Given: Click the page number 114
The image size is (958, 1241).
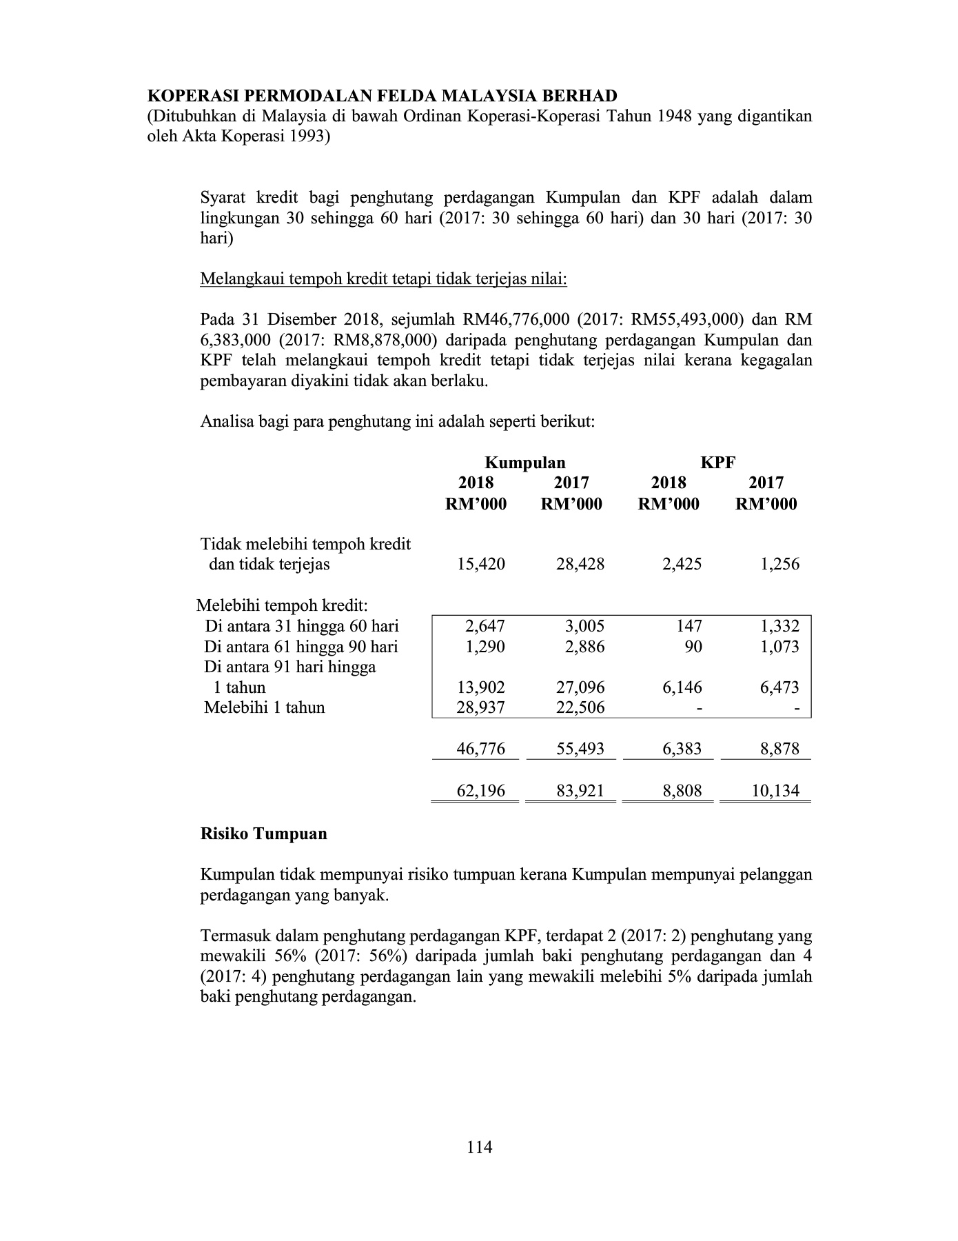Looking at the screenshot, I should (x=479, y=1147).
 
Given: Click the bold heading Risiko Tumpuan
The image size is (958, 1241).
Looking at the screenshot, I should (x=263, y=834).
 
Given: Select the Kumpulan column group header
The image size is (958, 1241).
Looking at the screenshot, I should (x=525, y=463).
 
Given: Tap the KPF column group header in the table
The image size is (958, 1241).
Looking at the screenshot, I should (x=717, y=463).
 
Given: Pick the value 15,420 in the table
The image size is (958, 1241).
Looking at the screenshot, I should (x=480, y=564).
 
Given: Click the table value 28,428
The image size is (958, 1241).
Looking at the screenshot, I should (x=580, y=564).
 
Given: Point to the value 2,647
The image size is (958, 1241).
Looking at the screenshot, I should (x=485, y=626).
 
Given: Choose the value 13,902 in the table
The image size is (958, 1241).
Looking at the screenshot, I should (x=480, y=687).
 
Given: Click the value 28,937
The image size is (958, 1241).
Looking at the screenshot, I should (x=480, y=707).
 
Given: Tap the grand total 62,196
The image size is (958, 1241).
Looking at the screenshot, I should (x=480, y=791).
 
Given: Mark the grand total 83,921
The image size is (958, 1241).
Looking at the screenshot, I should (x=580, y=791).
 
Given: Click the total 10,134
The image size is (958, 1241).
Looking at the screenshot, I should (x=775, y=791).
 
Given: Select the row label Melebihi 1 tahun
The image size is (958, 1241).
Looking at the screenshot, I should (x=264, y=707).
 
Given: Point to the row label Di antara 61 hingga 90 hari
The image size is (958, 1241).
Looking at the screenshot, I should (x=300, y=647).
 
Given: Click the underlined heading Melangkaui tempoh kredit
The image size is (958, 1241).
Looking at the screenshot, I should (x=383, y=279).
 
